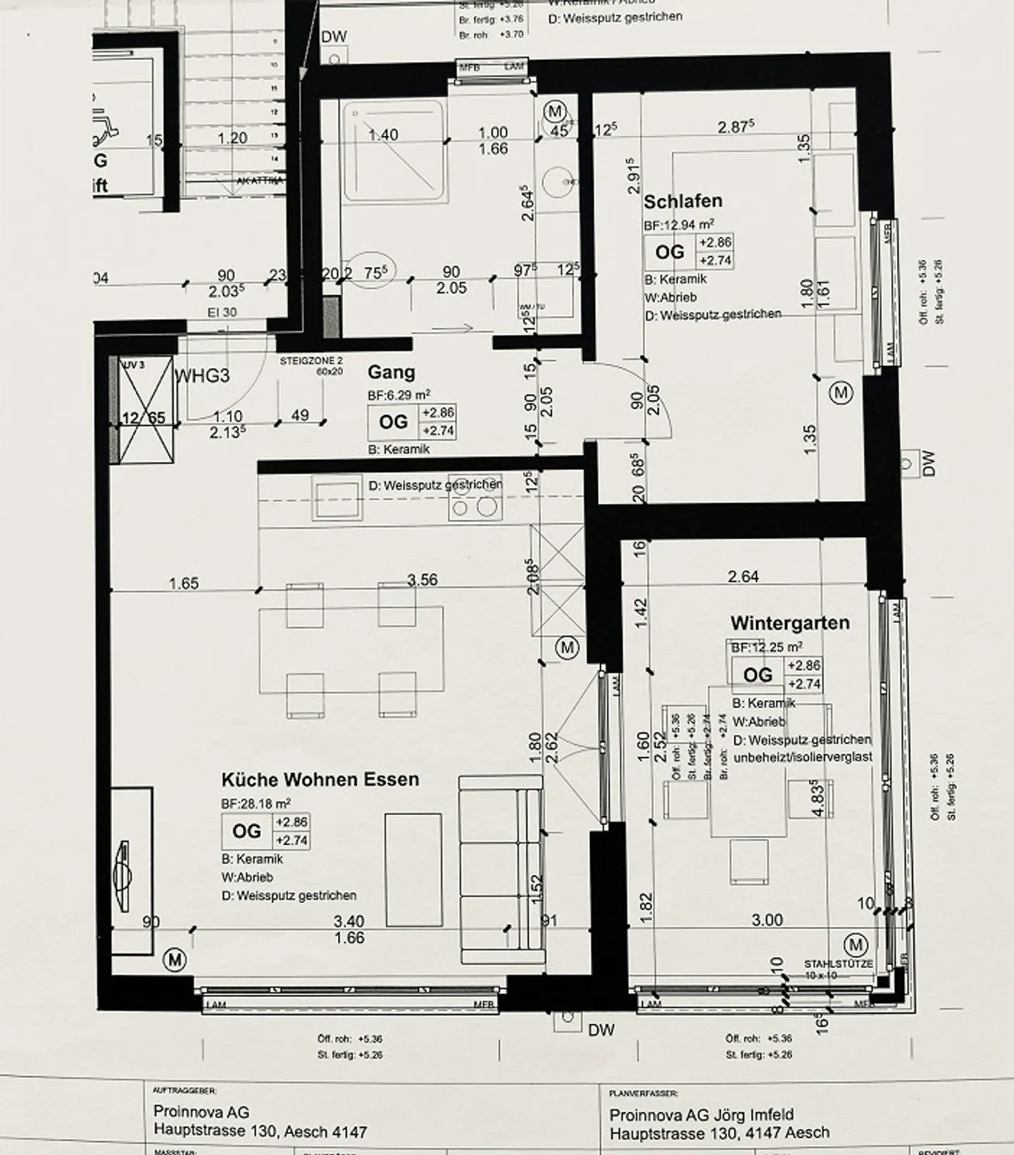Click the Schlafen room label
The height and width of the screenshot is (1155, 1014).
[682, 201]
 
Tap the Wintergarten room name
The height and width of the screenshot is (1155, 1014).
[789, 622]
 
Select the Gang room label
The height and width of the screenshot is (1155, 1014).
[391, 372]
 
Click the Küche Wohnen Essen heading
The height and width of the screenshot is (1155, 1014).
[320, 779]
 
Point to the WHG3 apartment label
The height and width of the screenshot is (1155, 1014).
[202, 375]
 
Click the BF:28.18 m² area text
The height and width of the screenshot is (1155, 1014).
[256, 802]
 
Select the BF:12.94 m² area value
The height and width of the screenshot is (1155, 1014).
[678, 225]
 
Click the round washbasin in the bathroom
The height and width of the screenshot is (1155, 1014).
[568, 181]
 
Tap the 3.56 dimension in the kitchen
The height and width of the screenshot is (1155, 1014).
[422, 579]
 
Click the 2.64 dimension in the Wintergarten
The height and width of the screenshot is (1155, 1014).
[743, 576]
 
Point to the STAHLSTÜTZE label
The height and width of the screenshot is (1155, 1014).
[838, 963]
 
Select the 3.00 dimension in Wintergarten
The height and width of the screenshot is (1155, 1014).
[767, 920]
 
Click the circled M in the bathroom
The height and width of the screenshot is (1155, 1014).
[556, 111]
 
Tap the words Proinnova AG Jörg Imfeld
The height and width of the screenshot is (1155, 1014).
[701, 1115]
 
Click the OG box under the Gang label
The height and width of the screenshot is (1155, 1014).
[393, 422]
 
